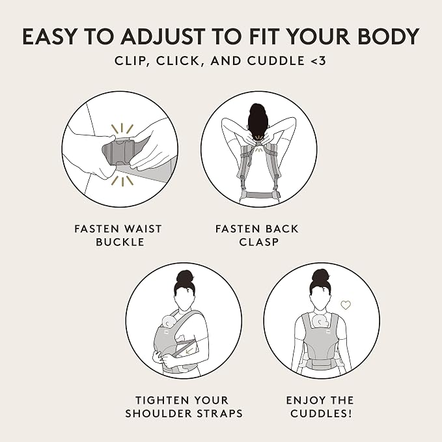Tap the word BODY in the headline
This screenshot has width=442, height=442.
pyautogui.click(x=389, y=36)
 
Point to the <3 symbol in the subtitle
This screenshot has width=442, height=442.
pyautogui.click(x=318, y=61)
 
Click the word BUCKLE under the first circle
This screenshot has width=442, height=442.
pyautogui.click(x=120, y=242)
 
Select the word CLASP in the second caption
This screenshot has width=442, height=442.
pyautogui.click(x=259, y=242)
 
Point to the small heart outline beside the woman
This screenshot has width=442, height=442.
pyautogui.click(x=346, y=305)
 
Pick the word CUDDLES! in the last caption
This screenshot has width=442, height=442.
pyautogui.click(x=322, y=413)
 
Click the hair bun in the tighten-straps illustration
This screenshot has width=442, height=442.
pyautogui.click(x=184, y=277)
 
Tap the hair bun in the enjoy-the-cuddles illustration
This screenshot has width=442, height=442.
pyautogui.click(x=321, y=276)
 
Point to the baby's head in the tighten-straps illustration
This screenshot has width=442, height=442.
pyautogui.click(x=169, y=322)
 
